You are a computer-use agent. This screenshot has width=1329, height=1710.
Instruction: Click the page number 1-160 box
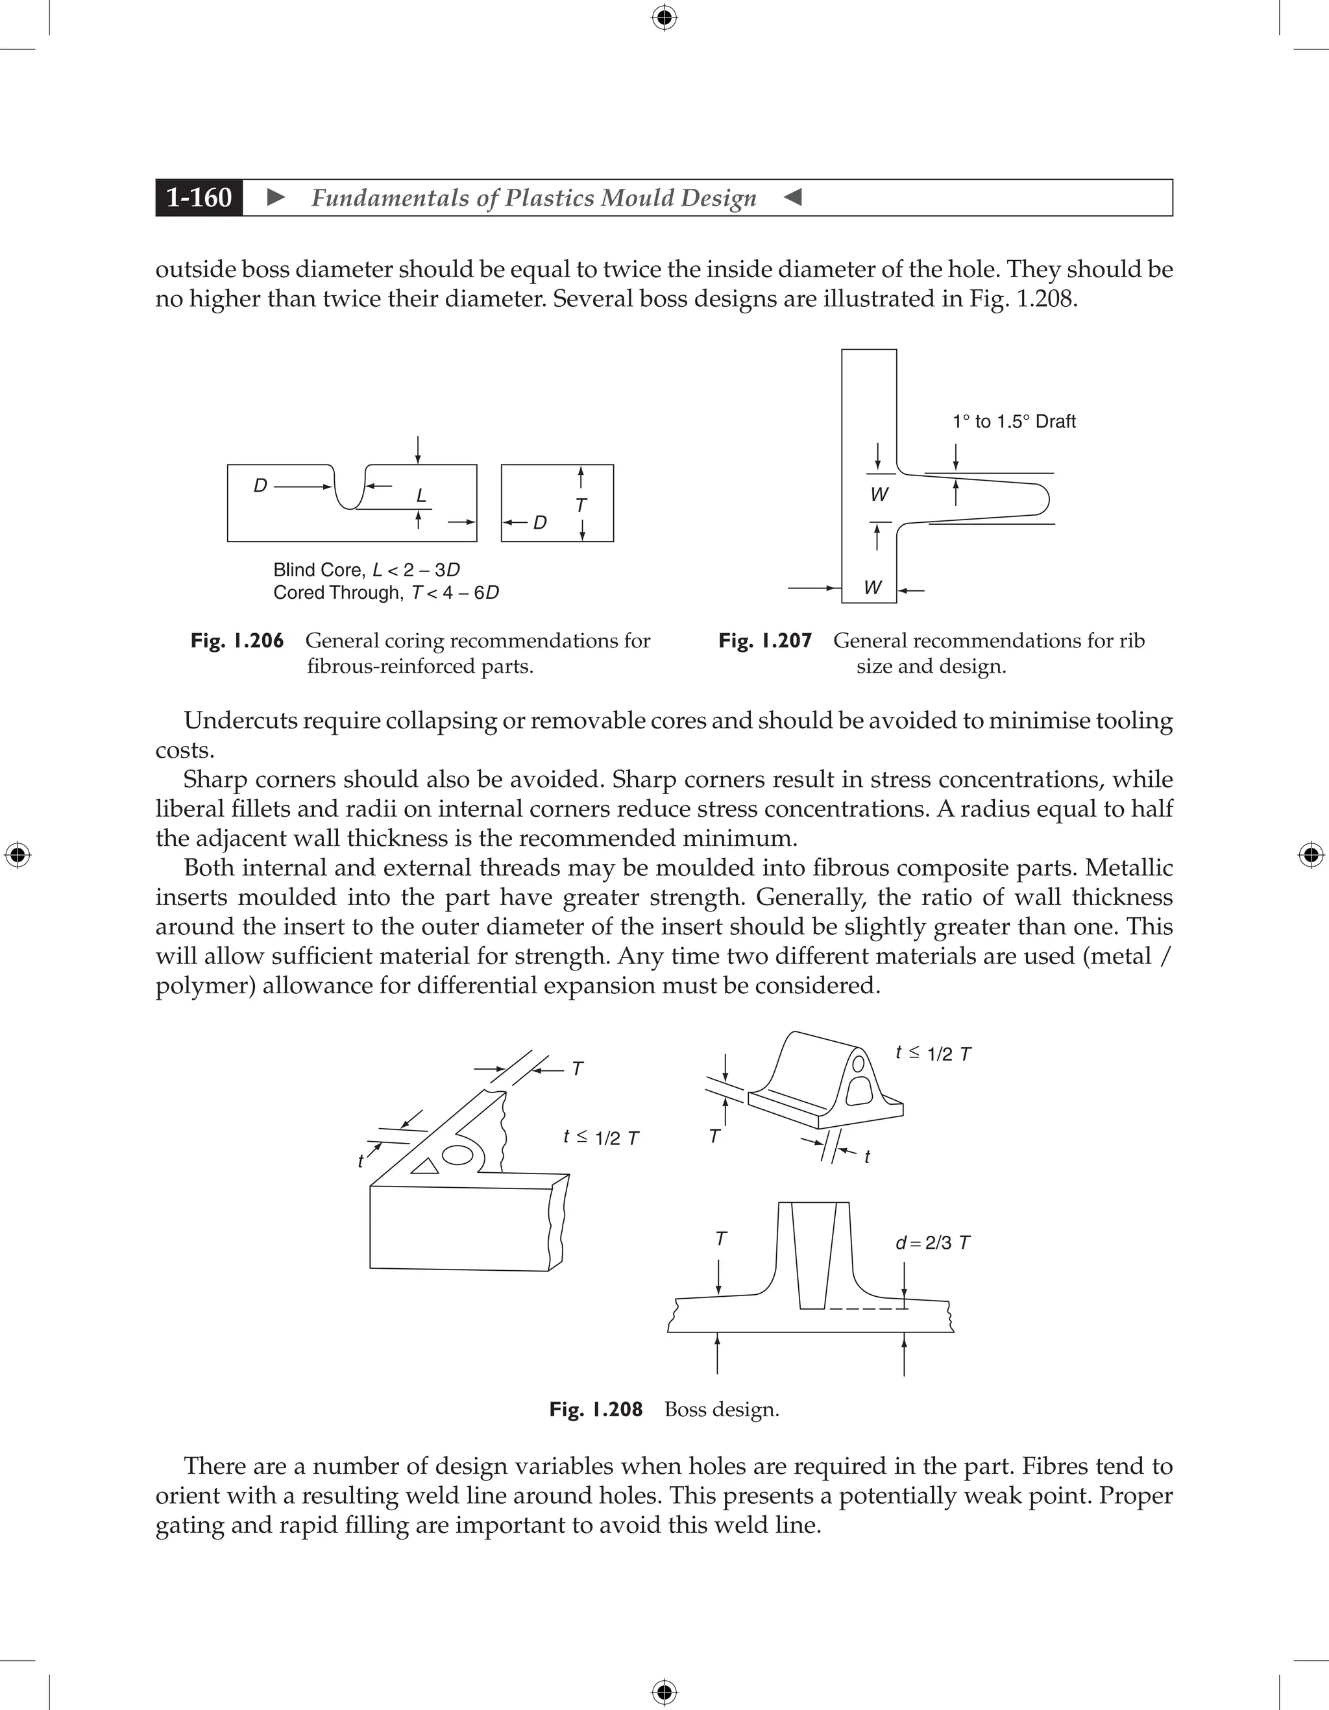tap(199, 197)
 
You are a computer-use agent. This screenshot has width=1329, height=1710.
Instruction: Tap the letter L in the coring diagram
tap(421, 496)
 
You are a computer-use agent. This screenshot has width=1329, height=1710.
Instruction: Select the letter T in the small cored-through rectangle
tap(580, 505)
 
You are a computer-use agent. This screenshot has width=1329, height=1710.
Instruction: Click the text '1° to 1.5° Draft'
tap(1014, 421)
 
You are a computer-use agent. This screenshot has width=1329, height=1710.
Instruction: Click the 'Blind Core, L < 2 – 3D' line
tap(366, 570)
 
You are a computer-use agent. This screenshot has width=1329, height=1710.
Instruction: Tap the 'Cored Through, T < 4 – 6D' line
tap(385, 593)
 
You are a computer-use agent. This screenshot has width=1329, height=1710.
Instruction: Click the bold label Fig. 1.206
tap(236, 640)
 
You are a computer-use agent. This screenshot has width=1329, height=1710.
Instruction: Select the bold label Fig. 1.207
tap(764, 640)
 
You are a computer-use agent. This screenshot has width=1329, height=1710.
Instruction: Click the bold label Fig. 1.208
tap(595, 1410)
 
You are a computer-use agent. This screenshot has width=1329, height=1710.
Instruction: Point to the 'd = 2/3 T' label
tap(932, 1242)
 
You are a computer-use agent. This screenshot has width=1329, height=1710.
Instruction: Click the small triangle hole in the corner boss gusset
tap(425, 1166)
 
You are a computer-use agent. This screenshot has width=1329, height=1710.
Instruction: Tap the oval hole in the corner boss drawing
tap(457, 1155)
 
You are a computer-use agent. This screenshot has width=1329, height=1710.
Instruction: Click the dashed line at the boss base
tap(866, 1309)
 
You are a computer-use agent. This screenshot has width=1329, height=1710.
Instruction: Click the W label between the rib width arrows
tap(879, 495)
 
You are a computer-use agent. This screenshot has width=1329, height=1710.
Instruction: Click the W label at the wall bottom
tap(872, 587)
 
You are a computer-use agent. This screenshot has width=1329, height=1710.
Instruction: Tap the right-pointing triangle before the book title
tap(276, 197)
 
